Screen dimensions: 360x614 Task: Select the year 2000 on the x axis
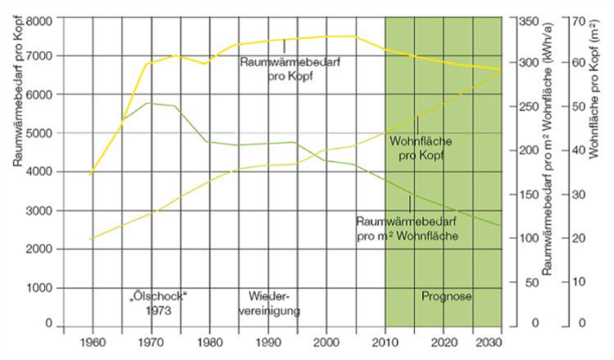(327, 342)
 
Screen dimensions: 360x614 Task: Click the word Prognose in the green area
(447, 296)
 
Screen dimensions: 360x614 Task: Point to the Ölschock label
(156, 295)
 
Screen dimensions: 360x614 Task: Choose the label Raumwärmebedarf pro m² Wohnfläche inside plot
(406, 228)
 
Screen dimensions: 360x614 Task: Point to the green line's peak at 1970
(149, 103)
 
